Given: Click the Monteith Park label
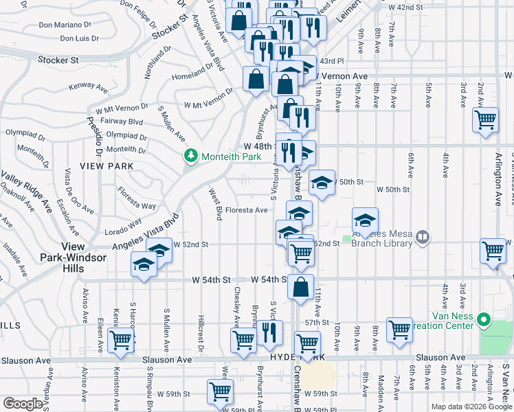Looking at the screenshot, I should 231,157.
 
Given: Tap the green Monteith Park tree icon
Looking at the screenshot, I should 192,157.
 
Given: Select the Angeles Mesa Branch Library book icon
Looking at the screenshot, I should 423,237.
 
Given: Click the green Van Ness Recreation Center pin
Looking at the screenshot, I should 484,319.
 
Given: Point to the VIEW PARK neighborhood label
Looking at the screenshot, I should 101,165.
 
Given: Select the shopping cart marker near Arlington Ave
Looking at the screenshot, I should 486,120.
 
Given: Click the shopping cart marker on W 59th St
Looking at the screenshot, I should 220,391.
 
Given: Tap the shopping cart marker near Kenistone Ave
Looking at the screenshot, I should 121,339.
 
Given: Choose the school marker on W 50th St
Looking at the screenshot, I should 322,182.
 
